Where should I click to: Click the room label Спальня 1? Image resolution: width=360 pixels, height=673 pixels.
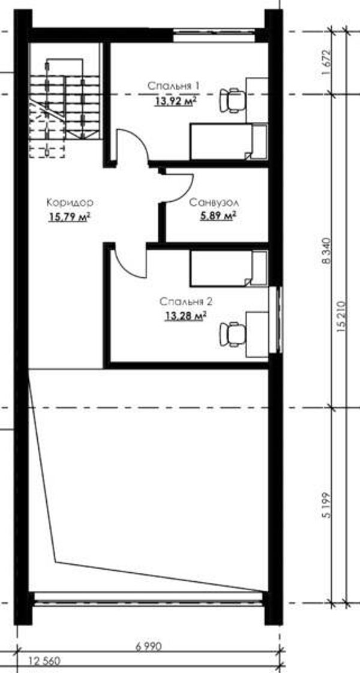click(x=173, y=86)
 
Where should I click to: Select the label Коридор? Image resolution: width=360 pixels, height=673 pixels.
click(x=70, y=202)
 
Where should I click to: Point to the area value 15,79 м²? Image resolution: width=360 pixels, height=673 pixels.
click(x=69, y=217)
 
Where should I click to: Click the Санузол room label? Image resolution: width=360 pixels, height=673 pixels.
click(x=214, y=202)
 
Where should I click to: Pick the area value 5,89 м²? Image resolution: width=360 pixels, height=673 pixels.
click(x=218, y=216)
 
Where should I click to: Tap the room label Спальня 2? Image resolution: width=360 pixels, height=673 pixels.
click(x=186, y=302)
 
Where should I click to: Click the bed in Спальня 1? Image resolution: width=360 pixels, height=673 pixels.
click(x=229, y=142)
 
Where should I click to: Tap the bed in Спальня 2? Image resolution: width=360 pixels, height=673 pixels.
click(x=229, y=269)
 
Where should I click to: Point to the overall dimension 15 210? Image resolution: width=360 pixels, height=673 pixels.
click(x=341, y=317)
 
